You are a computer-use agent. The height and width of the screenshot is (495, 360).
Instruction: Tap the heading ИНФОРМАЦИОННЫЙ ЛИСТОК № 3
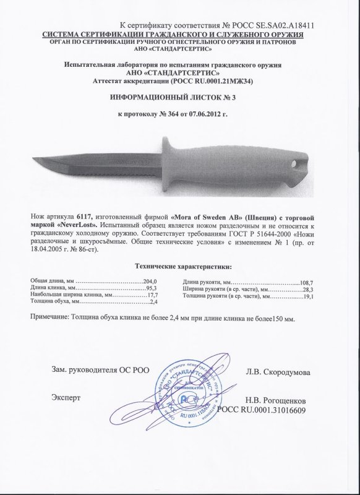pyautogui.click(x=179, y=98)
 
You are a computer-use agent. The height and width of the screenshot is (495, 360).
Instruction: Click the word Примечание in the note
pyautogui.click(x=53, y=317)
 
